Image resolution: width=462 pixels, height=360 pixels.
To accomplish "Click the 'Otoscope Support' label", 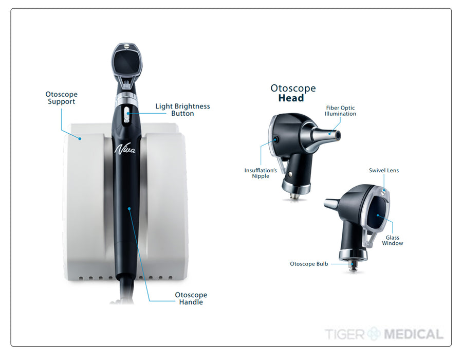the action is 61,98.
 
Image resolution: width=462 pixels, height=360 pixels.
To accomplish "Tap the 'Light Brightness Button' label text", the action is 182,110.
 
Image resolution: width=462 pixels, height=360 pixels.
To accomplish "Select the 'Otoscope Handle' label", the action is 191,298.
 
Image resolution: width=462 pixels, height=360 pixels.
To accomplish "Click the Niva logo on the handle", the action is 125,149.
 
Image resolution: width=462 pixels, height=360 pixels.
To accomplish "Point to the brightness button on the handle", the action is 127,114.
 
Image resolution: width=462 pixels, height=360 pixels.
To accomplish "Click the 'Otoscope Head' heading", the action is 293,93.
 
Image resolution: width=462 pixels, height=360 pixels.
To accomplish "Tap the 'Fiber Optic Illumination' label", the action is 340,111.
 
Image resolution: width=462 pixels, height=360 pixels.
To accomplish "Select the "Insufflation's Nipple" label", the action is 261,173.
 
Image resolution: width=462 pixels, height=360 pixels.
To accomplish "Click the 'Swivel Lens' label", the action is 383,170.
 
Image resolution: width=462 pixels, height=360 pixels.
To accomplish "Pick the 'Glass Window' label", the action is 393,240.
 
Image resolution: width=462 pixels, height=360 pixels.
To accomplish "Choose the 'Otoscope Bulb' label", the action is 309,264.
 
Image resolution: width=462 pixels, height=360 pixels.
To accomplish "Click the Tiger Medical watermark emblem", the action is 374,334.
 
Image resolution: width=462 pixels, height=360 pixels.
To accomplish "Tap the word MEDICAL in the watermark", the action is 413,334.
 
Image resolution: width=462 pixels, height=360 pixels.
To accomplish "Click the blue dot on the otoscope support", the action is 80,138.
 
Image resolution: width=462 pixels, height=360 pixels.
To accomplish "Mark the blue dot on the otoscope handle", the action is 129,208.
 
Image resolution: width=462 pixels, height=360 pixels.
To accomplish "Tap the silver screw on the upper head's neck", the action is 291,174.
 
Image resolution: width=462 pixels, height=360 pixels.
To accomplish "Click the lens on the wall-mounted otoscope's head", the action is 127,62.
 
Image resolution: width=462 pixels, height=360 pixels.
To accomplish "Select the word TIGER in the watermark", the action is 345,334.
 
